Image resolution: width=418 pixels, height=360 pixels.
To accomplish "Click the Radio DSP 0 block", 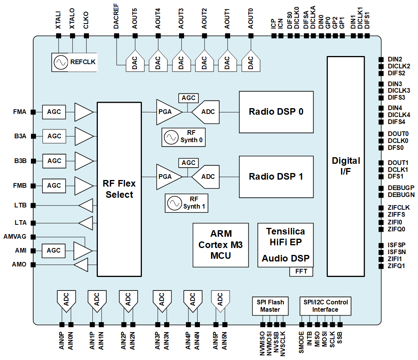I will pyautogui.click(x=276, y=112).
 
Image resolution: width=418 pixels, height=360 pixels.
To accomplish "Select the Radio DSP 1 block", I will pyautogui.click(x=276, y=177).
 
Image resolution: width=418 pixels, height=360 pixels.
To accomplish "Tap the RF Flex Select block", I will pyautogui.click(x=119, y=189).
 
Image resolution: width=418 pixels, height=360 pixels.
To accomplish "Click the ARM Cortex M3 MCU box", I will pyautogui.click(x=220, y=245).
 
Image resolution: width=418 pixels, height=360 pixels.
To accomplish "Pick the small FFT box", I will pyautogui.click(x=301, y=272).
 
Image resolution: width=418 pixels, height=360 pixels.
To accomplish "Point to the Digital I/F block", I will pyautogui.click(x=346, y=166).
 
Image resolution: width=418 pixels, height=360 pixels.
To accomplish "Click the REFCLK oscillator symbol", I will pyautogui.click(x=61, y=62).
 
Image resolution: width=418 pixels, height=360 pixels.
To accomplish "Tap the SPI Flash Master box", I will pyautogui.click(x=270, y=306).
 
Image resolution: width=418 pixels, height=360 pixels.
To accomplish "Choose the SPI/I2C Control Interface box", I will pyautogui.click(x=325, y=306).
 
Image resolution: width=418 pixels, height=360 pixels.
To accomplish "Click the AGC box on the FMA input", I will pyautogui.click(x=54, y=112).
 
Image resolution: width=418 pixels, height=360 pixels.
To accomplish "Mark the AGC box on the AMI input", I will pyautogui.click(x=53, y=250).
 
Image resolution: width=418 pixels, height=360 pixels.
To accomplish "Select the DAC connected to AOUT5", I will pyautogui.click(x=135, y=62).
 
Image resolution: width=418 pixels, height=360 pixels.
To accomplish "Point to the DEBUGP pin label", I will pyautogui.click(x=401, y=188).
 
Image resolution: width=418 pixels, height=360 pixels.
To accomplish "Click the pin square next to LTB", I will pyautogui.click(x=33, y=205).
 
